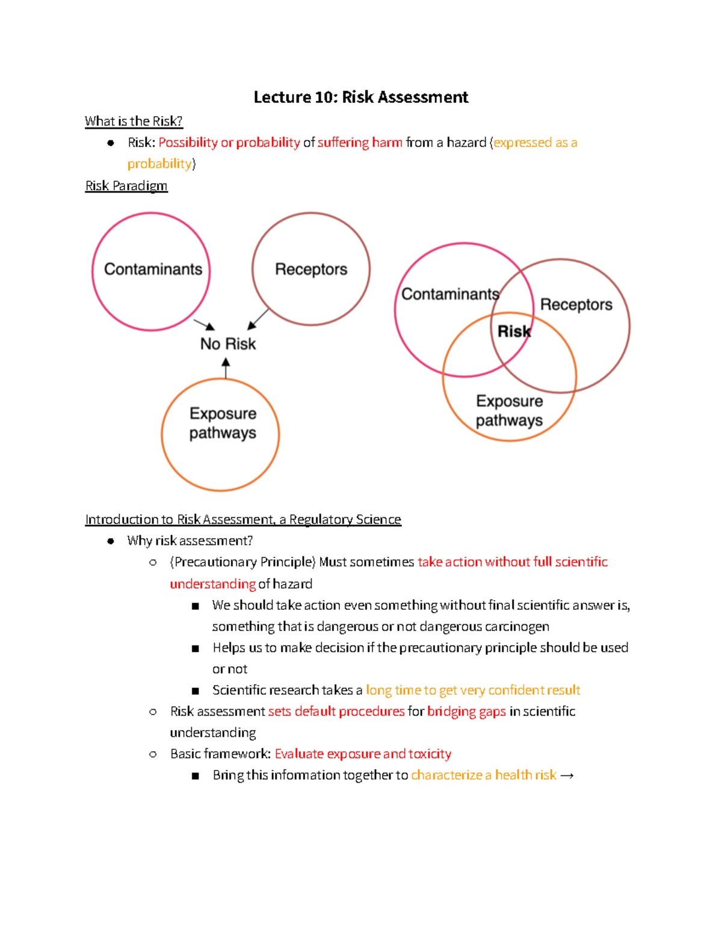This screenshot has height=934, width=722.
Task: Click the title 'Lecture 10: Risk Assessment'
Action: (x=360, y=97)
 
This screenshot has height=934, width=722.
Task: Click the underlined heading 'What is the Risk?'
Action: (x=134, y=121)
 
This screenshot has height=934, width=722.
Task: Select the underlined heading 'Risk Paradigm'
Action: (x=126, y=186)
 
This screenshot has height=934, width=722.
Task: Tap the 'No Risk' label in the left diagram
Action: (x=228, y=344)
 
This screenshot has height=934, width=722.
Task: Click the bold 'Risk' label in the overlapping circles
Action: (x=514, y=331)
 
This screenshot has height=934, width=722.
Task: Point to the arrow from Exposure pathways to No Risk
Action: (x=226, y=368)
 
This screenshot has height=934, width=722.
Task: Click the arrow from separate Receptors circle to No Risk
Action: (x=258, y=319)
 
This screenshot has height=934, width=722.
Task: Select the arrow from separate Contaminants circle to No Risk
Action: (x=205, y=325)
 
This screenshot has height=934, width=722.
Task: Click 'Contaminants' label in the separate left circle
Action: (x=153, y=269)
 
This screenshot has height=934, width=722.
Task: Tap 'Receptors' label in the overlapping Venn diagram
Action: (x=576, y=305)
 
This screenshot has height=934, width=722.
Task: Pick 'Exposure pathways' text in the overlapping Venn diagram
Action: (x=509, y=411)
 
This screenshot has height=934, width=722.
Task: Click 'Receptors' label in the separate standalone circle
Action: (x=311, y=269)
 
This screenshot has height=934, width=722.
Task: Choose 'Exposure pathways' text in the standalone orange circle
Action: (x=223, y=423)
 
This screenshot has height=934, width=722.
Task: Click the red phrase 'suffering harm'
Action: (x=360, y=143)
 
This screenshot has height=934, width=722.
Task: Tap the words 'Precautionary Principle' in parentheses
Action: (x=243, y=562)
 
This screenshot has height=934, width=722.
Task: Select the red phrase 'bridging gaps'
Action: (x=466, y=711)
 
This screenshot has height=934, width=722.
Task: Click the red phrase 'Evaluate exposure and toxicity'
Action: (x=363, y=754)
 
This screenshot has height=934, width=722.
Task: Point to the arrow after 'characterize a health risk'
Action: (x=567, y=776)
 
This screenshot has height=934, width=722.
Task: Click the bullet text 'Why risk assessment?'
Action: (x=190, y=541)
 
